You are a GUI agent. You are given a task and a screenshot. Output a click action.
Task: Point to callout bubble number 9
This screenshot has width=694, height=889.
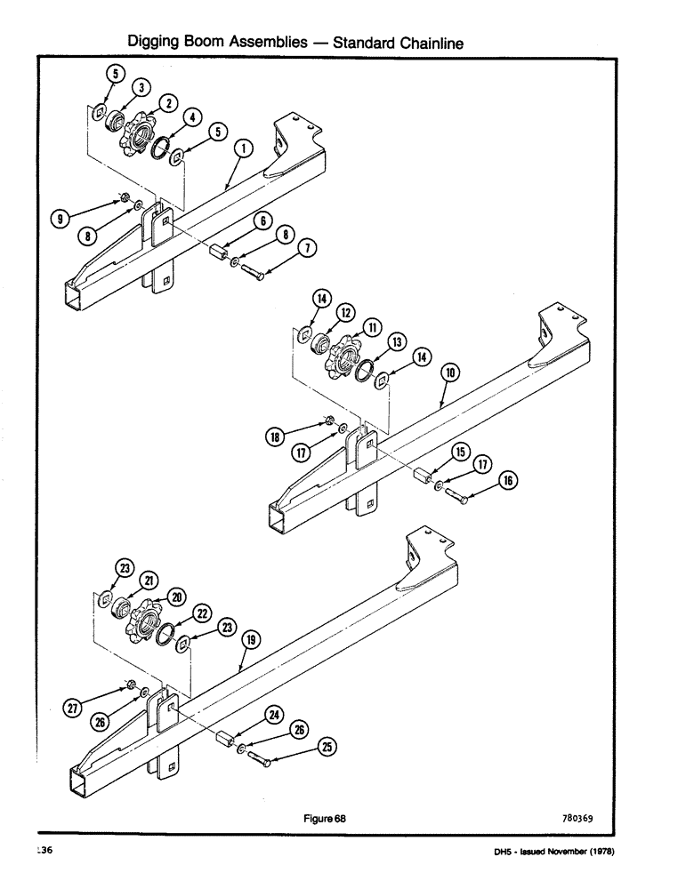(60, 216)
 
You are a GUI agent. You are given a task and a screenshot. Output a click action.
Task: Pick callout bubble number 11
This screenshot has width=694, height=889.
(369, 324)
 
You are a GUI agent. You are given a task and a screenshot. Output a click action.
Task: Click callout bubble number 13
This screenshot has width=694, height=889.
(396, 341)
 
